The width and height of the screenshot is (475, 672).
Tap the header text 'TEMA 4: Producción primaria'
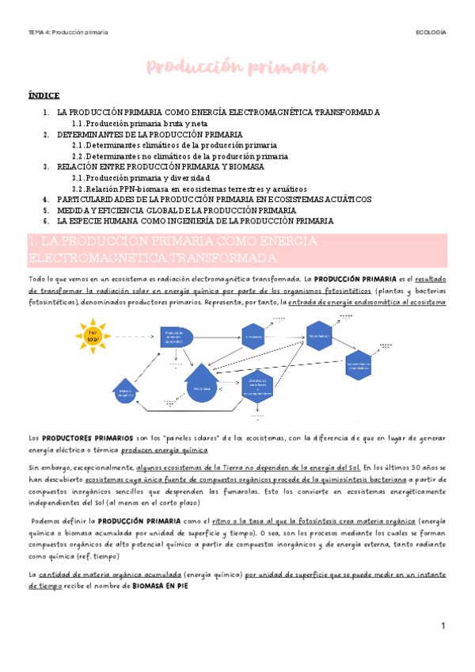pyautogui.click(x=68, y=32)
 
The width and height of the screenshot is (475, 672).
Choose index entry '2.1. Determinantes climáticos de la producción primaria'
pyautogui.click(x=174, y=145)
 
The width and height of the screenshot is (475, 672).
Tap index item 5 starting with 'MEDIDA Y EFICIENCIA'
pyautogui.click(x=182, y=210)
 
